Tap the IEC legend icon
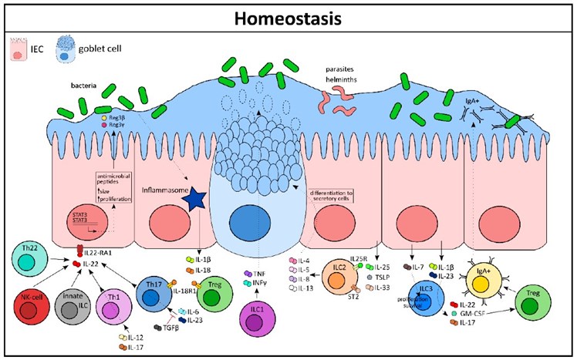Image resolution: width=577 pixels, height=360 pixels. pyautogui.click(x=20, y=52)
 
